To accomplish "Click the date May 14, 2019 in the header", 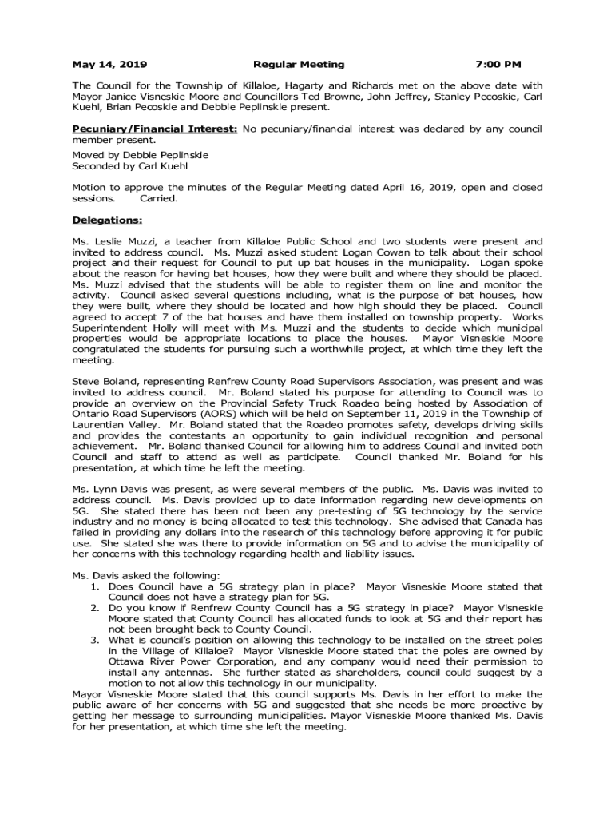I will tap(109, 64).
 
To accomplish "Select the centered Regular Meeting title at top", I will tap(299, 64).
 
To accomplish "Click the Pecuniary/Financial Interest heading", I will tap(154, 129).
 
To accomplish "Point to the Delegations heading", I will tap(107, 220).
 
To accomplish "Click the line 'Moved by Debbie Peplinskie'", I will tap(140, 155).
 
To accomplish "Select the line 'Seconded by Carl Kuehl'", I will tap(130, 166).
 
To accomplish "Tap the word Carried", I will tap(159, 198).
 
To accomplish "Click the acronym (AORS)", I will tap(228, 414).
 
